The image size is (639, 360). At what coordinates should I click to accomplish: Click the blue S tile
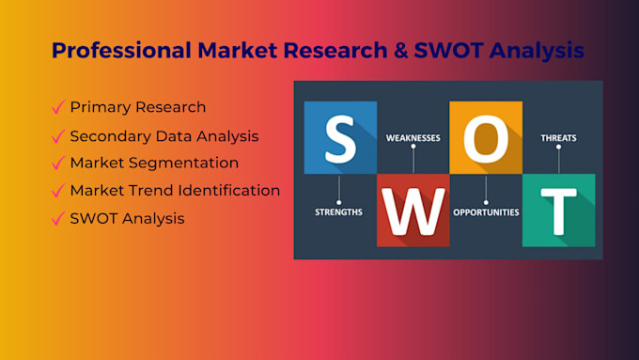coord(339,138)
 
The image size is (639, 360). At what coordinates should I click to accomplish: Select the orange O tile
coord(485,138)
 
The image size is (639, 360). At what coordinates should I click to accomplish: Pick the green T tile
coord(558,210)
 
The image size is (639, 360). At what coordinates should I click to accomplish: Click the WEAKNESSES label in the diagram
coord(413,138)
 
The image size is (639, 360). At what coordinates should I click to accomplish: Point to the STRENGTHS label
coord(339,212)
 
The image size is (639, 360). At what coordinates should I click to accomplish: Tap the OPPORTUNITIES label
coord(486,212)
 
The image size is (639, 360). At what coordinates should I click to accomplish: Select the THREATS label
coord(558,138)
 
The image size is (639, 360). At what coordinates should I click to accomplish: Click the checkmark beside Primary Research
coord(58,107)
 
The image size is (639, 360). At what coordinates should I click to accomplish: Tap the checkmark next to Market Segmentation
coord(58,163)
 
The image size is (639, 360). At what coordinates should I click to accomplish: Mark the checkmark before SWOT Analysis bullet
coord(58,219)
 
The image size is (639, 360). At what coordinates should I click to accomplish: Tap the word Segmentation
coord(182,164)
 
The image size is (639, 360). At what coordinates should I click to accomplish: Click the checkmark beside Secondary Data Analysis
coord(58,136)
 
